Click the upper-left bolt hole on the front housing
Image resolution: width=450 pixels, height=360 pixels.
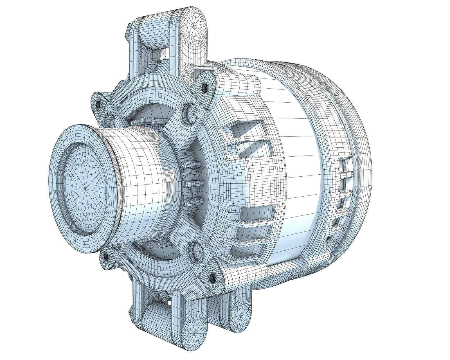click(x=98, y=104)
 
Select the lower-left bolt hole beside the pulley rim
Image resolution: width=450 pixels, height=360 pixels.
click(x=106, y=256)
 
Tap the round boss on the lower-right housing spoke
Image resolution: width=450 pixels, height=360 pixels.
click(x=197, y=251)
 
